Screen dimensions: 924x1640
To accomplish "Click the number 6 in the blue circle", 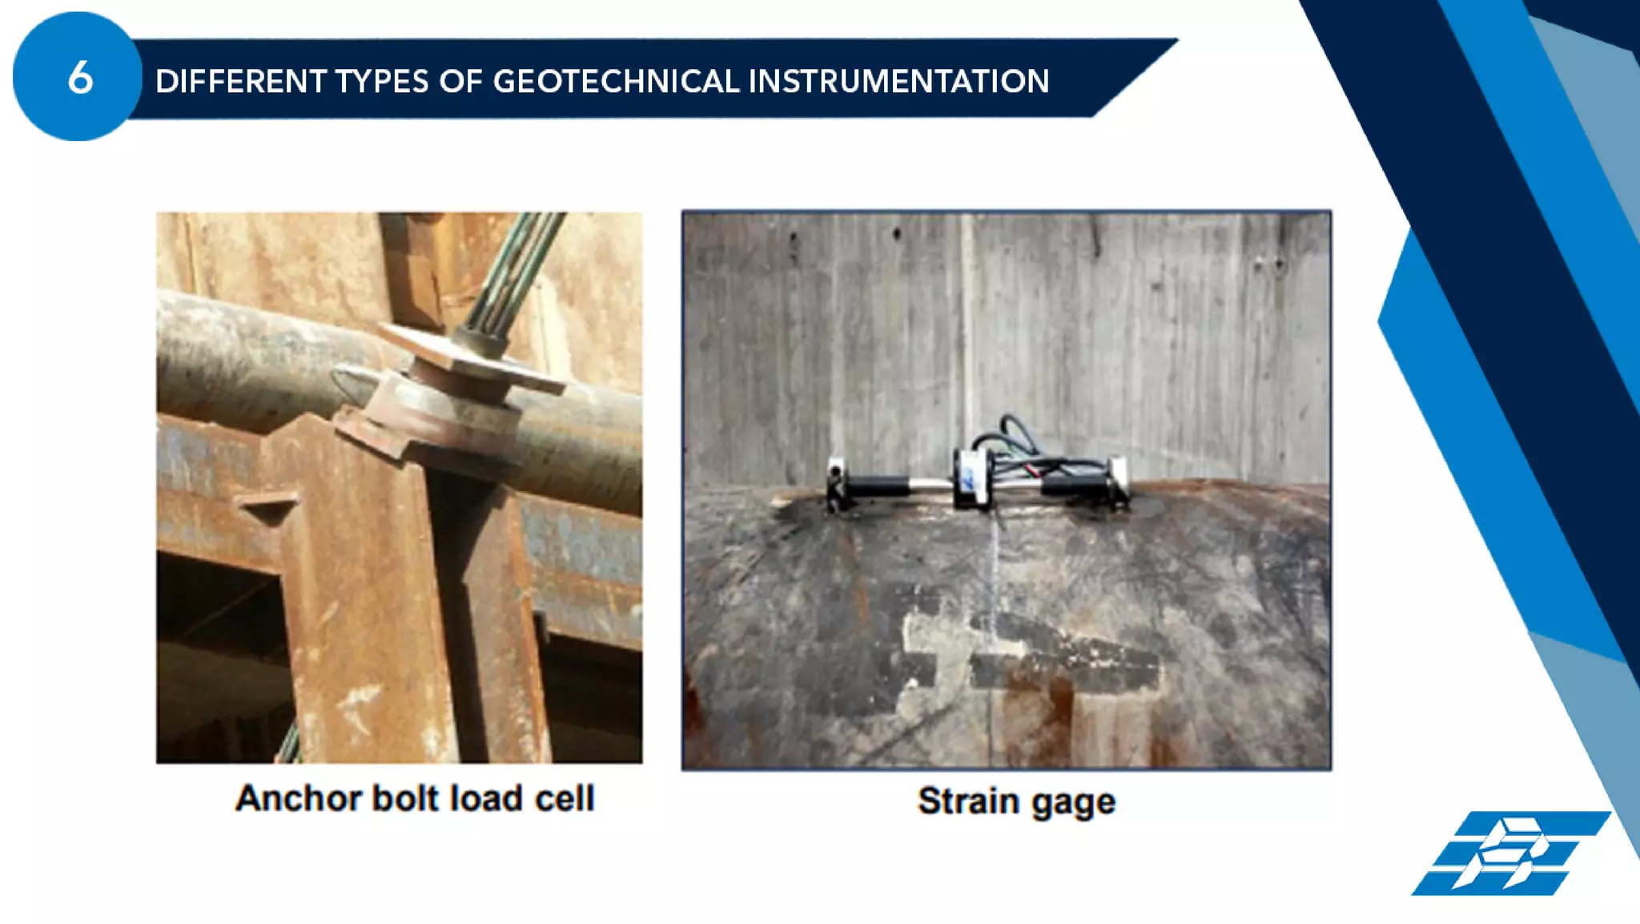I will (x=80, y=79).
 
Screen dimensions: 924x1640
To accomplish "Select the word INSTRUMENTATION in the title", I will (x=898, y=81).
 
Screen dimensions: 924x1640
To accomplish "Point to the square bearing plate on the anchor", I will (x=472, y=359).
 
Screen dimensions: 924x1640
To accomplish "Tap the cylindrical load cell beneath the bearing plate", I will (x=432, y=405).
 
